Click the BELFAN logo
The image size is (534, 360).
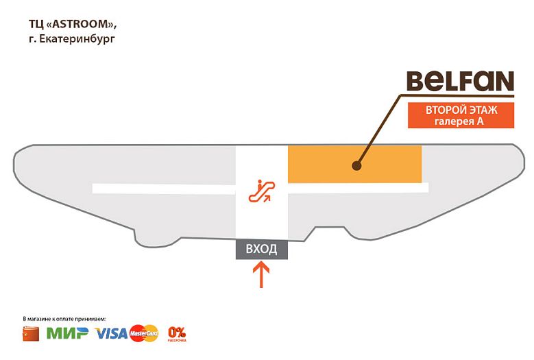[459, 82]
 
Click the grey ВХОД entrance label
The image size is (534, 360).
[261, 249]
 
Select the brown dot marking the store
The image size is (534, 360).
[356, 165]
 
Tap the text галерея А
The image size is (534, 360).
[459, 121]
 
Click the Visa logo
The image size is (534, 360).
[111, 333]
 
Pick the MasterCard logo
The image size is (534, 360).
[144, 333]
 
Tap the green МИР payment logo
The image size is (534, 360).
[67, 334]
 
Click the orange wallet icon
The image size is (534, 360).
[32, 334]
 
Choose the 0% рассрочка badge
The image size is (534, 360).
[177, 333]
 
